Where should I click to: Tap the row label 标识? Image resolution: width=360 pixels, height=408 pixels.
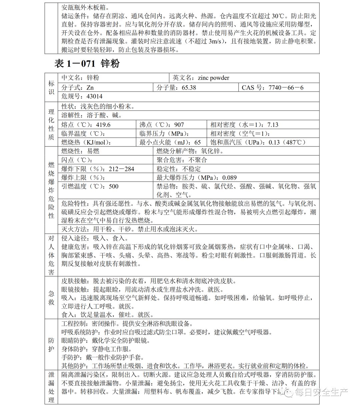click(51, 87)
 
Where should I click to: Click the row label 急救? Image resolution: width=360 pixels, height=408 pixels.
click(51, 297)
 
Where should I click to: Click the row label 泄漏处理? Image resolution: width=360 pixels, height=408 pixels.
click(51, 387)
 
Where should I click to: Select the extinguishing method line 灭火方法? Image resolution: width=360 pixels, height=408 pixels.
click(130, 229)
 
